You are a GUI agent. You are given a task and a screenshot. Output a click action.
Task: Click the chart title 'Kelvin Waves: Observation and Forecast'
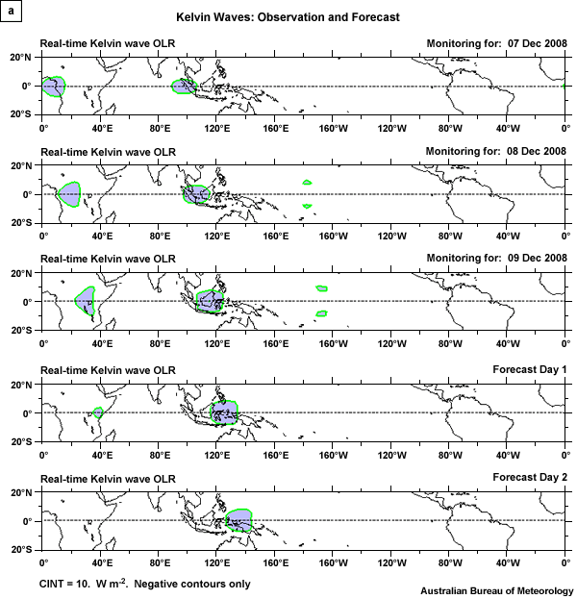(288, 17)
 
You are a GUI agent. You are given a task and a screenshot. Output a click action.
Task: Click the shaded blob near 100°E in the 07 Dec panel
(184, 87)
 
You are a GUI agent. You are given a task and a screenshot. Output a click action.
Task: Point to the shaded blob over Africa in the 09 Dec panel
(87, 301)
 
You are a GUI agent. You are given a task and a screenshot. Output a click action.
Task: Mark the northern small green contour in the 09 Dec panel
(322, 288)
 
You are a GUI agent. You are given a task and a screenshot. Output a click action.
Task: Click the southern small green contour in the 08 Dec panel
(308, 206)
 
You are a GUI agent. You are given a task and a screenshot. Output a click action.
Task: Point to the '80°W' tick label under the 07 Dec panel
(449, 125)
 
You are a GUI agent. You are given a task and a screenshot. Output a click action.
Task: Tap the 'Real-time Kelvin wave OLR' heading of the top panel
(107, 43)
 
